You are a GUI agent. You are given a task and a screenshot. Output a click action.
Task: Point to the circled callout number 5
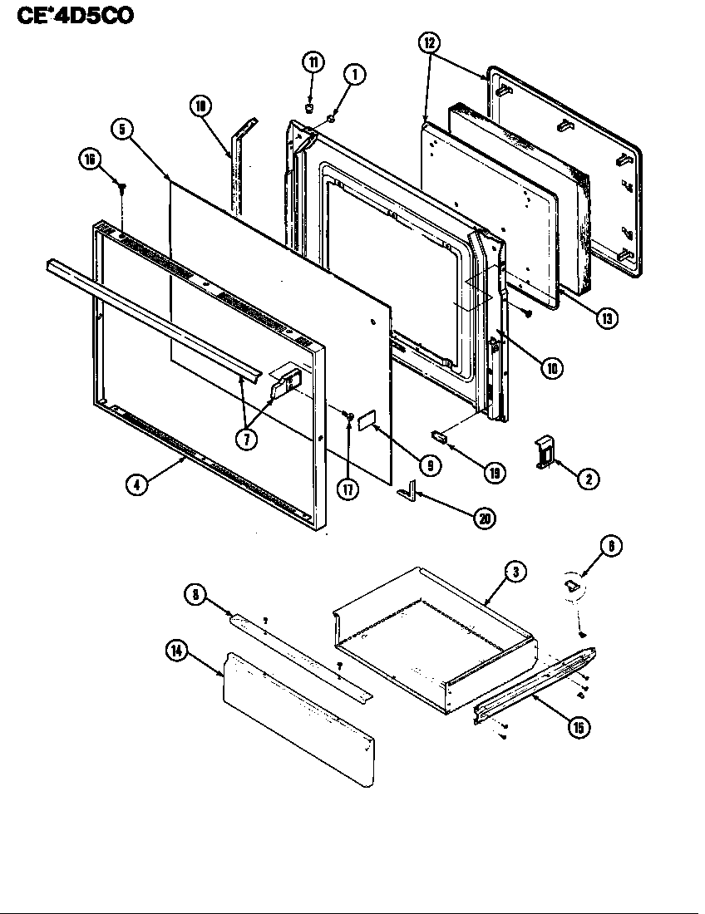[122, 130]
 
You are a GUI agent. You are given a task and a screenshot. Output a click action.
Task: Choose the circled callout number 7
[246, 439]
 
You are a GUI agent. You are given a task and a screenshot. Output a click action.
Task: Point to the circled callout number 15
[577, 727]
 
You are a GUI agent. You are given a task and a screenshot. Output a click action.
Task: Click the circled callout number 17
[348, 489]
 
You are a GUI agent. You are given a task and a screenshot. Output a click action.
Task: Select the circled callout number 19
[495, 473]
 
